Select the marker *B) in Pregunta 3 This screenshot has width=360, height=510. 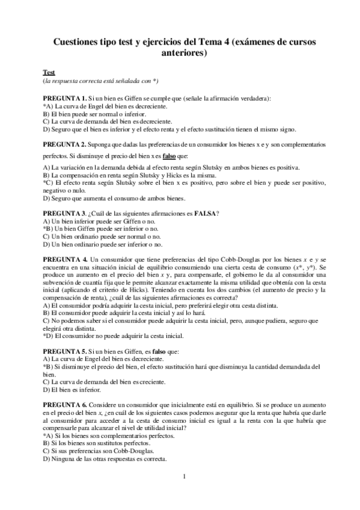[48, 229]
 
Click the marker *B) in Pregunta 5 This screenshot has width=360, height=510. [48, 366]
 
